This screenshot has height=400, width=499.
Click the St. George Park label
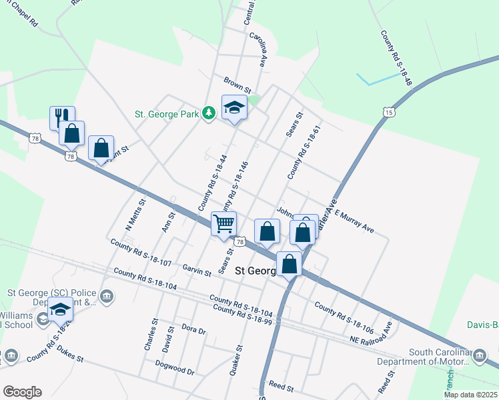pos(167,115)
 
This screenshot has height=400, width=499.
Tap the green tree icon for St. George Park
pos(209,114)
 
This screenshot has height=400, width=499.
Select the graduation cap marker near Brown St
pos(234,108)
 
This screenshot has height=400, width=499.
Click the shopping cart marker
pos(224,223)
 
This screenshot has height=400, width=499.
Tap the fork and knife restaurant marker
pos(62,117)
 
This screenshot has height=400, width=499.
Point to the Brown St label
pos(237,85)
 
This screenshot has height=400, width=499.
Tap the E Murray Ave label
pos(354,221)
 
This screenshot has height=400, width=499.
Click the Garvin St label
pos(197,269)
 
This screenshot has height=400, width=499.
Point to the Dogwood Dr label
pos(174,367)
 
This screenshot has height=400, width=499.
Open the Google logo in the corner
pos(22,392)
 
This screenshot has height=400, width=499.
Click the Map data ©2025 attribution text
pos(470,395)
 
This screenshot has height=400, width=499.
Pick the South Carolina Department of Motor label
pos(438,357)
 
